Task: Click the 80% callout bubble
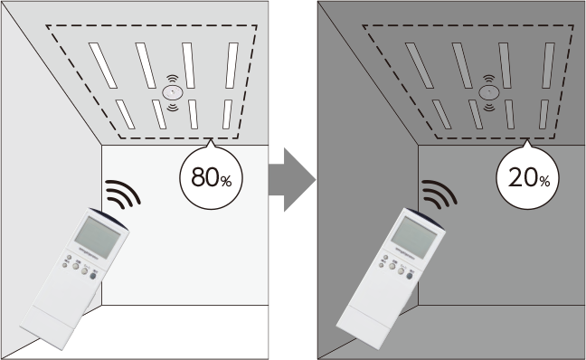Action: click(x=211, y=177)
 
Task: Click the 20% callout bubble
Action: click(x=528, y=177)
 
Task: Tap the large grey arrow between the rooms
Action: click(x=292, y=179)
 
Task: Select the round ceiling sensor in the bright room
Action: click(x=173, y=92)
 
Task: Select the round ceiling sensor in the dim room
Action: click(x=489, y=92)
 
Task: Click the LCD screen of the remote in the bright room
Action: click(x=99, y=238)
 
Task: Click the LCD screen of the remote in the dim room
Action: click(x=415, y=238)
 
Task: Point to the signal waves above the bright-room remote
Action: click(x=122, y=194)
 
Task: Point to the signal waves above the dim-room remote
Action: click(x=439, y=194)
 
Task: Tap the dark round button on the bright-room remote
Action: click(x=93, y=276)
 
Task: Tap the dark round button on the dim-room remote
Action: click(x=410, y=276)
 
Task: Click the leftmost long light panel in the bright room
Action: click(x=103, y=65)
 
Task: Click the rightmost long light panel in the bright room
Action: click(x=232, y=65)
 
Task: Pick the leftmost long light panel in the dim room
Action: click(x=420, y=65)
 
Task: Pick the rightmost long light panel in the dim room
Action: click(x=549, y=65)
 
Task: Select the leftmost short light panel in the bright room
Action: click(x=125, y=114)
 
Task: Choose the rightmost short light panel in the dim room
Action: click(x=543, y=114)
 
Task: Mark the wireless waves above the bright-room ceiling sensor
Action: click(x=173, y=79)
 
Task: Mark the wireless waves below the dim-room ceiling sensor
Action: click(x=489, y=108)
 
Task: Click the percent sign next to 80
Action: click(x=226, y=182)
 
